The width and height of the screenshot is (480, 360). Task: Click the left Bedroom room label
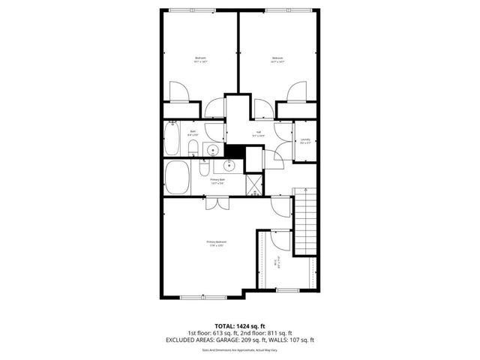(x=200, y=60)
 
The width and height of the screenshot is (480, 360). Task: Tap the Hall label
(x=258, y=134)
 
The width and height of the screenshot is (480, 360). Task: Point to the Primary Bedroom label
(x=217, y=242)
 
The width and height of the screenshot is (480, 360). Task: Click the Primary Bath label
(x=218, y=181)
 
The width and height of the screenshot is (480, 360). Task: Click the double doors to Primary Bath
(x=217, y=202)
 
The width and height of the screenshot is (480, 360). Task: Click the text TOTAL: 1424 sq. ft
(x=239, y=325)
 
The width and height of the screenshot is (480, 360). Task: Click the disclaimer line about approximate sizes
(x=239, y=350)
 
